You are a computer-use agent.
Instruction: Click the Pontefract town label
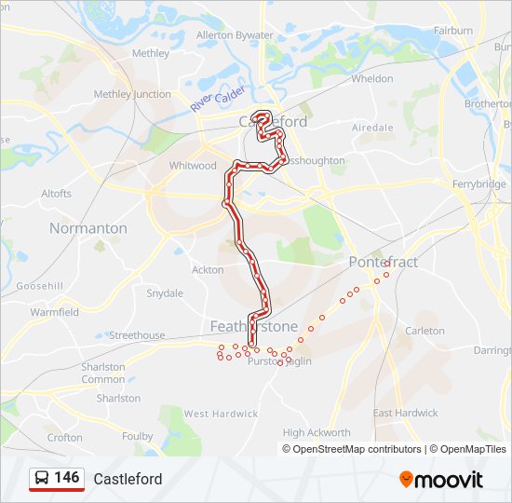[x=384, y=262]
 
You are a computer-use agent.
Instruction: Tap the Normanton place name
[x=88, y=228]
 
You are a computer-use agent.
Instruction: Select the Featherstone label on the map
[x=253, y=326]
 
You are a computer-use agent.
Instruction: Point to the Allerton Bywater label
[x=235, y=35]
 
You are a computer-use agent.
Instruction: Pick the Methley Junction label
[x=132, y=94]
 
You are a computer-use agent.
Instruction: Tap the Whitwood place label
[x=193, y=166]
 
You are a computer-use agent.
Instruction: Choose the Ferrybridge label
[x=478, y=184]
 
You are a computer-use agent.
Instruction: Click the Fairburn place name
[x=452, y=31]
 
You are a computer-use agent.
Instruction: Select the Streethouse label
[x=137, y=335]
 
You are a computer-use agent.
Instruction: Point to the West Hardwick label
[x=221, y=414]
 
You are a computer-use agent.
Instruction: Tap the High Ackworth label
[x=317, y=432]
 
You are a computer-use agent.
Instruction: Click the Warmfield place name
[x=55, y=312]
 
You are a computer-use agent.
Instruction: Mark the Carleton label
[x=425, y=331]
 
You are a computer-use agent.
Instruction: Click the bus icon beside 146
[x=42, y=479]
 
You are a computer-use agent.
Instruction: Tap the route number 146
[x=67, y=478]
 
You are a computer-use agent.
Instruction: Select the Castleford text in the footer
[x=128, y=479]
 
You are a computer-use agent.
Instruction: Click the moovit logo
[x=441, y=480]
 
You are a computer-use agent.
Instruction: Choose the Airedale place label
[x=372, y=127]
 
